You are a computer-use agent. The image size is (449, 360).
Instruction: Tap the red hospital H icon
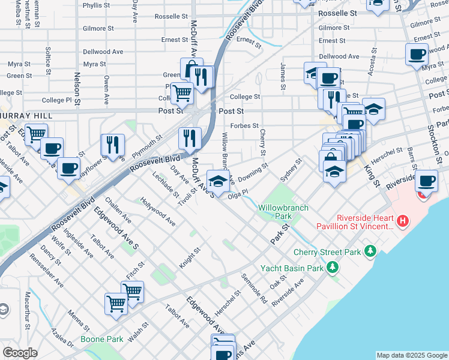coord(403,221)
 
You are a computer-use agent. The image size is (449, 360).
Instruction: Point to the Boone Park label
coord(102,339)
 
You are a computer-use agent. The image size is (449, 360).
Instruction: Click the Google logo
coord(20,353)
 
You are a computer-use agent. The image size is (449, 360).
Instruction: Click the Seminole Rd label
coord(254,288)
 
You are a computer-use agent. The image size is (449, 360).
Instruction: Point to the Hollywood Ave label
coord(157,212)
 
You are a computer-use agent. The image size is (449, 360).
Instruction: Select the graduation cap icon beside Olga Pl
coord(218,181)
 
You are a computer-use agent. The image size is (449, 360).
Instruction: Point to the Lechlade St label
coord(166,185)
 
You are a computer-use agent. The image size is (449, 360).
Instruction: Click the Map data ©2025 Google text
coord(412,355)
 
